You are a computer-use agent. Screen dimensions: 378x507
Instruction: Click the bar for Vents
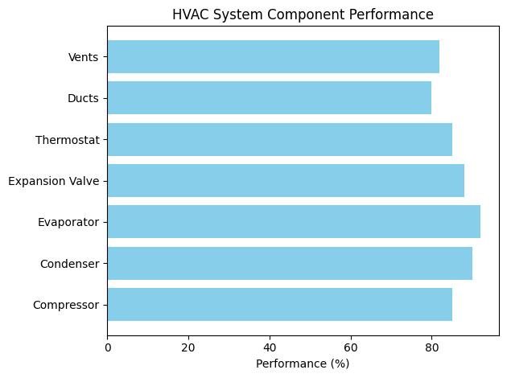click(x=274, y=56)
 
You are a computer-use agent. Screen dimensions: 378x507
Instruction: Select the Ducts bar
click(x=270, y=97)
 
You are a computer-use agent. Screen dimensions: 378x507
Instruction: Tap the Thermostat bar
click(x=279, y=139)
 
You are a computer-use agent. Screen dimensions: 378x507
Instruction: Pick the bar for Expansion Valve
click(x=286, y=180)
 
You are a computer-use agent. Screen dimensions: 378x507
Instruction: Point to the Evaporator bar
click(x=294, y=221)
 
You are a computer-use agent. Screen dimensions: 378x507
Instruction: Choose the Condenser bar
click(x=290, y=263)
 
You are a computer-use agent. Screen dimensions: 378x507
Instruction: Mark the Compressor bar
click(x=279, y=304)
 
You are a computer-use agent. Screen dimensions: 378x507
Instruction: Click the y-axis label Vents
click(x=84, y=56)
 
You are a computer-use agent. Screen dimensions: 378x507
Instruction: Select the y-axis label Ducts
click(x=84, y=98)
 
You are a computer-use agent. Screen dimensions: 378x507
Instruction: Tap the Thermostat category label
click(x=68, y=139)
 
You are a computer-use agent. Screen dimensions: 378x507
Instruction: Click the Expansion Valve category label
click(x=54, y=181)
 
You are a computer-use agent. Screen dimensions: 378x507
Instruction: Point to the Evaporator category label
click(x=70, y=222)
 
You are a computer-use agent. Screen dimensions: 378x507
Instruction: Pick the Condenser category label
click(x=70, y=264)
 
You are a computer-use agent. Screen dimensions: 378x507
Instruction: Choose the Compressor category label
click(x=67, y=305)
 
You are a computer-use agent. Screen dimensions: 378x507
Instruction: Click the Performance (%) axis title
click(x=303, y=363)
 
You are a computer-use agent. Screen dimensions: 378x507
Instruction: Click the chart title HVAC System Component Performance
click(x=303, y=14)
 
